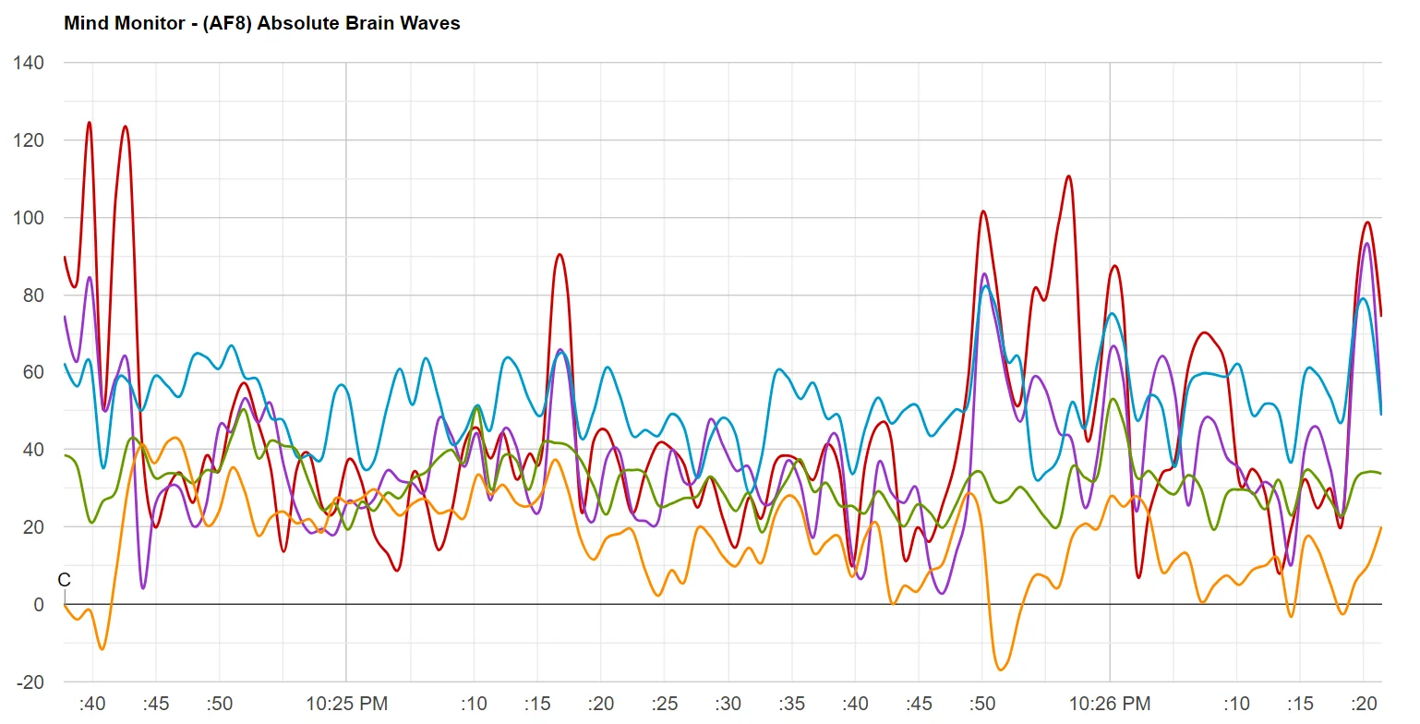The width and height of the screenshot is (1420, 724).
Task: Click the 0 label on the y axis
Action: point(38,605)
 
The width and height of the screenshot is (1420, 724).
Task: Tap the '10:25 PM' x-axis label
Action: point(346,704)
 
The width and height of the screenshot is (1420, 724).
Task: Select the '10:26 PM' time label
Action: point(1110,704)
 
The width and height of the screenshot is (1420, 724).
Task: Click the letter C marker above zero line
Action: point(64,580)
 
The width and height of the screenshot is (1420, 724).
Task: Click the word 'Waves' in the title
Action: point(434,23)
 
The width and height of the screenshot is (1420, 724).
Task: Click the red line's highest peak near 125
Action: point(90,122)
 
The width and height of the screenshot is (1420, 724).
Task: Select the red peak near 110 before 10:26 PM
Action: point(1068,175)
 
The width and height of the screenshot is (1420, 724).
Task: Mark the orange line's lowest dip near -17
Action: point(1001,670)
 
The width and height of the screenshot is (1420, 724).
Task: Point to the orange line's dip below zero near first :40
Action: point(102,648)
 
